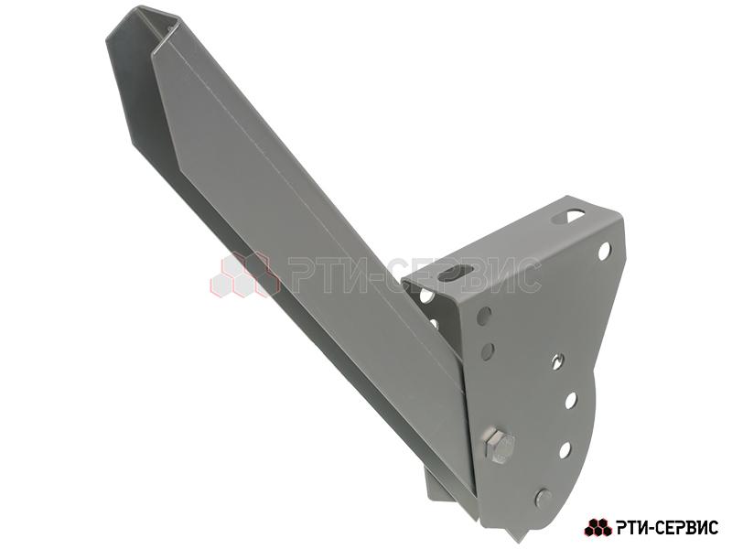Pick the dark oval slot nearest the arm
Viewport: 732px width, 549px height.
pos(456,272)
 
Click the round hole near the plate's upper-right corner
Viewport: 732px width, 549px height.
pos(604,251)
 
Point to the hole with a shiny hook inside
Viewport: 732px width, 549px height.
pos(557,360)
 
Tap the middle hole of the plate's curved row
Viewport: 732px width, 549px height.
pos(570,401)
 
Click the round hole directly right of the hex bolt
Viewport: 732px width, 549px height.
pos(565,449)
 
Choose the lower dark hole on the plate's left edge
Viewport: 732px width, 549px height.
pos(487,351)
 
